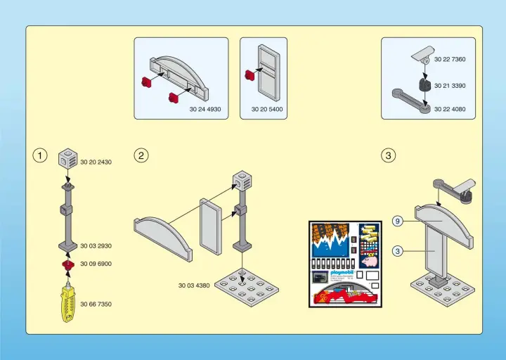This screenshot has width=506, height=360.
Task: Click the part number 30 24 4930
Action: point(205,109)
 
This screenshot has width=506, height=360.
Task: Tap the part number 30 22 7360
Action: point(449,60)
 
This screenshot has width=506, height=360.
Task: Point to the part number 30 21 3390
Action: point(449,85)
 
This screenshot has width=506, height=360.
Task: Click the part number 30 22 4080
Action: point(449,109)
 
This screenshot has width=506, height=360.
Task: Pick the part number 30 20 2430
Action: point(96,162)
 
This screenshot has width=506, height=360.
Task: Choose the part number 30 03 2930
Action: point(96,246)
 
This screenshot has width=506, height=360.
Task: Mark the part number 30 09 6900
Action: point(96,264)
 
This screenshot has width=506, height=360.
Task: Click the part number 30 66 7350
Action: point(96,304)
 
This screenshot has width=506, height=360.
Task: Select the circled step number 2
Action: point(141,155)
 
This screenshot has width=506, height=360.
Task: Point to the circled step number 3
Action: point(388,155)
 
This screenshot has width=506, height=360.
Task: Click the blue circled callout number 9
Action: point(397,221)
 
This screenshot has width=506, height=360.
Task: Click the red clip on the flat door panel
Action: point(249,74)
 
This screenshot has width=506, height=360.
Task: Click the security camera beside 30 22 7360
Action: point(423,53)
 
